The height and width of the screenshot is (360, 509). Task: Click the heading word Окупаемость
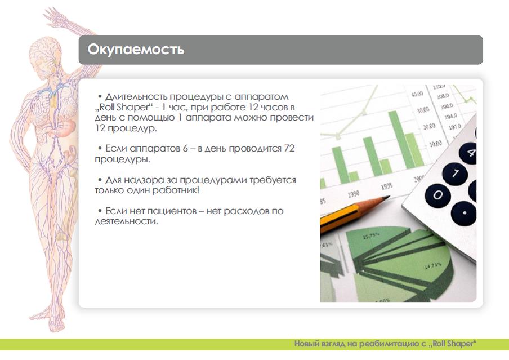[136, 50]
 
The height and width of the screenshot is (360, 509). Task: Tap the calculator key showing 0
[437, 195]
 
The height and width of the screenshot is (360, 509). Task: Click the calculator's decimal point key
[465, 213]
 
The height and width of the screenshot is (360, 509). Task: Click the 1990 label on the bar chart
[353, 194]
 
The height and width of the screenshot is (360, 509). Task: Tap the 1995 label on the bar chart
[387, 186]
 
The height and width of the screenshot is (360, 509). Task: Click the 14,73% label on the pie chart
[433, 266]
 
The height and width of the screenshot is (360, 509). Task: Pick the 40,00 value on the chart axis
[417, 94]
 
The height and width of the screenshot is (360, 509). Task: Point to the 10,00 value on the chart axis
[435, 144]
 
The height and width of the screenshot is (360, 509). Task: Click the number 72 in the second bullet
[289, 149]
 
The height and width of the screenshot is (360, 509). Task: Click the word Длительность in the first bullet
[136, 97]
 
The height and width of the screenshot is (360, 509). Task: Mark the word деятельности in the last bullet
[126, 221]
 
